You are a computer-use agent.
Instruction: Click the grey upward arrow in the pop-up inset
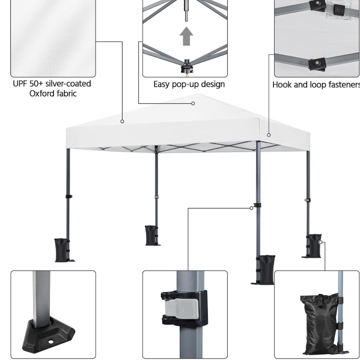pyautogui.click(x=186, y=36)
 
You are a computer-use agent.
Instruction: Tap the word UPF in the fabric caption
pyautogui.click(x=20, y=84)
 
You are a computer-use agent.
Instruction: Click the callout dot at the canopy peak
pyautogui.click(x=193, y=103)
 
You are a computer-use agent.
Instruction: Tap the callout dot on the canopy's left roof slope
pyautogui.click(x=122, y=121)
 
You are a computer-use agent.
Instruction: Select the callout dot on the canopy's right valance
pyautogui.click(x=269, y=135)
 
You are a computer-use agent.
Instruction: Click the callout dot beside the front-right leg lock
pyautogui.click(x=251, y=208)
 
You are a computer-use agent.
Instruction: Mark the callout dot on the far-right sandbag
pyautogui.click(x=320, y=242)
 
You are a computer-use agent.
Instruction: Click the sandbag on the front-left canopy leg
pyautogui.click(x=61, y=250)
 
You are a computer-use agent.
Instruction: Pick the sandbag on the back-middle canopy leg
pyautogui.click(x=151, y=236)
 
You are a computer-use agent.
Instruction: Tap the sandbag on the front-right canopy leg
pyautogui.click(x=266, y=269)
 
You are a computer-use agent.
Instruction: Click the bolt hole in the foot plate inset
pyautogui.click(x=50, y=342)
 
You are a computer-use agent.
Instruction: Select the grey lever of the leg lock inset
pyautogui.click(x=182, y=309)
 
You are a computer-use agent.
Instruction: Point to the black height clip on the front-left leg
pyautogui.click(x=69, y=197)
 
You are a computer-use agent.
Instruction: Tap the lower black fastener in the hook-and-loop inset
pyautogui.click(x=317, y=64)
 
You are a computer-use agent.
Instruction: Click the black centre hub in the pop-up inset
pyautogui.click(x=187, y=66)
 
